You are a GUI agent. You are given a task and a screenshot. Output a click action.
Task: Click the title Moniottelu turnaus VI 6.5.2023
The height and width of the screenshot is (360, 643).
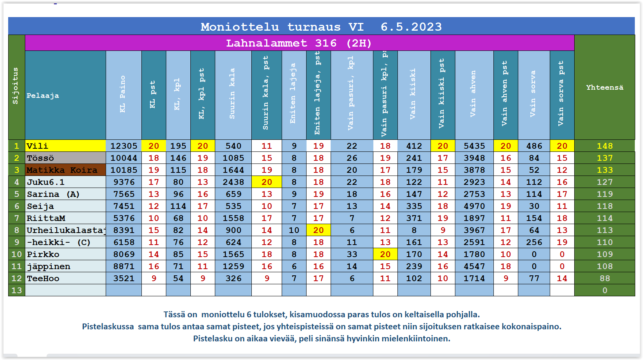(x=321, y=27)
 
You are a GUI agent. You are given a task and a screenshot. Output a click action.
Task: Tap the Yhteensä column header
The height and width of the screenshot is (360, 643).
(x=605, y=87)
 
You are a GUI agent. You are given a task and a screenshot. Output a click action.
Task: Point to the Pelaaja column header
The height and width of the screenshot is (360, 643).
(x=43, y=96)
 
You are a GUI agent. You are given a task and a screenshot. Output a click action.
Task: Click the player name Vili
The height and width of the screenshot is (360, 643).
(x=37, y=146)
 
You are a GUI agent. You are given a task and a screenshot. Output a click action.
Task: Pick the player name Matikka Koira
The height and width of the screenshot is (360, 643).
(x=62, y=170)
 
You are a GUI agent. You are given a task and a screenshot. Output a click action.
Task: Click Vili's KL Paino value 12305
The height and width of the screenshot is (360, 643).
(x=124, y=146)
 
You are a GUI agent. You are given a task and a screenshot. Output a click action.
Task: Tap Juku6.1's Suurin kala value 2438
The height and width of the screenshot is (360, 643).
(x=233, y=182)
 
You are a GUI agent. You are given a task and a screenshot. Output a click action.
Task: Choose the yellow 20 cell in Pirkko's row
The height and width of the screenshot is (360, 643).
(x=385, y=254)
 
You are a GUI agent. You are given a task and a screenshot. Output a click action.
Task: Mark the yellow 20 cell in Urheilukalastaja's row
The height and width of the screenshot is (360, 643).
(x=318, y=230)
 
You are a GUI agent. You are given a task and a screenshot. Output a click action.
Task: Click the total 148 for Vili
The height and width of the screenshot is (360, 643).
(x=605, y=146)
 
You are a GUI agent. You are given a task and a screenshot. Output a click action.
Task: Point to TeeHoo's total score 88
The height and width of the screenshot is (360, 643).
(x=605, y=278)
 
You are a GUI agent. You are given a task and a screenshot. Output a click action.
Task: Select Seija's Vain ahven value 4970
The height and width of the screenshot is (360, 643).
(x=474, y=206)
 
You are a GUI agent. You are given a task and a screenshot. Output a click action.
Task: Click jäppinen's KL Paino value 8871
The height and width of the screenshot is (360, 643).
(x=124, y=266)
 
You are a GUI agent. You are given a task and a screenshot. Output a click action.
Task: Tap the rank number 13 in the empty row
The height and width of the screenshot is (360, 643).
(x=17, y=290)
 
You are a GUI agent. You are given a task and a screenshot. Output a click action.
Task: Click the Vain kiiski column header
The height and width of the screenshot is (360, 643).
(x=413, y=94)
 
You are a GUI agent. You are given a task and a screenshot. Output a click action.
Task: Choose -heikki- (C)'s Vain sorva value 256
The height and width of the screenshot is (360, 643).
(x=534, y=242)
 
